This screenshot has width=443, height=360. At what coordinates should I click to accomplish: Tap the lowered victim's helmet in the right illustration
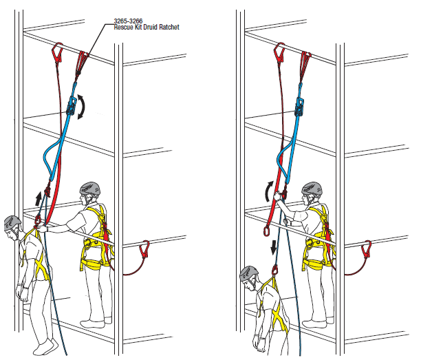pos(248,274)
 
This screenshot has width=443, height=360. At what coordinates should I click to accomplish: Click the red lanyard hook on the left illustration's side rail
pos(144,248)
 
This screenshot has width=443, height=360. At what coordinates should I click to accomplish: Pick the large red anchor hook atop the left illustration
pos(57,53)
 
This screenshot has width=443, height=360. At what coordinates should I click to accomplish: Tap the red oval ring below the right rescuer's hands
pos(266,230)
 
